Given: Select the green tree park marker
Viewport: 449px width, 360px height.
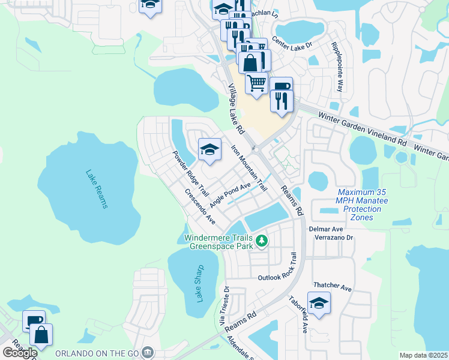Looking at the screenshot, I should (261, 241).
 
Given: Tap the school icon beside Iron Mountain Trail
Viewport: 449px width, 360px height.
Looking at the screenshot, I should (209, 150).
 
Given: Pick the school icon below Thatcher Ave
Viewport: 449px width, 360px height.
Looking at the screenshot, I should (319, 304).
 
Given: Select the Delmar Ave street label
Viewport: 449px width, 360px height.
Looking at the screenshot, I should (325, 229).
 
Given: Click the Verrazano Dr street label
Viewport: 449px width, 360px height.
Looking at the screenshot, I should (334, 238).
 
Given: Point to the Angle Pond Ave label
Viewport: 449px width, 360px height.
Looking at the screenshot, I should (229, 194).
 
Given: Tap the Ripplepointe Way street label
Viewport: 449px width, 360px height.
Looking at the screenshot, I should (338, 67).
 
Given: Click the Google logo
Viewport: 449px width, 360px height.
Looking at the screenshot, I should (20, 352).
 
